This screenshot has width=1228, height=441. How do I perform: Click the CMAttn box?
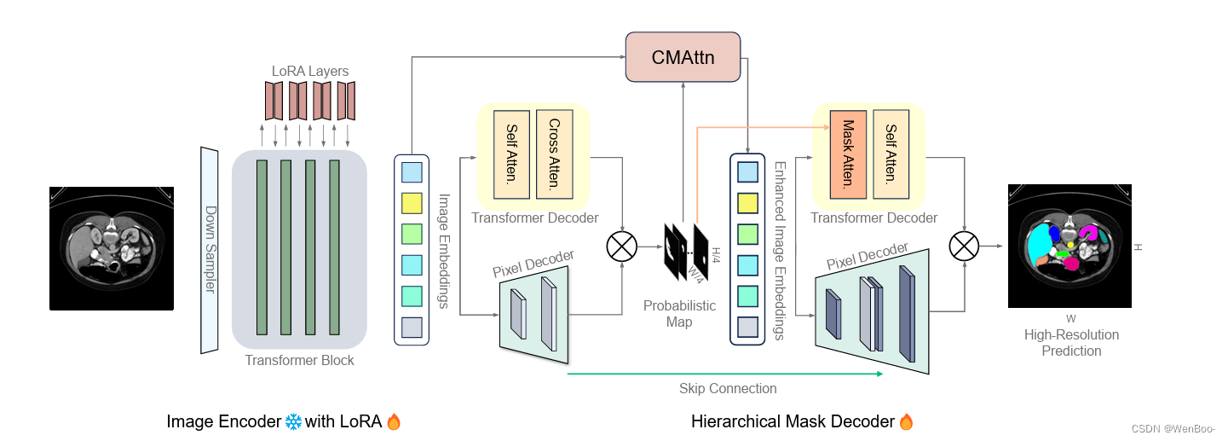(682, 57)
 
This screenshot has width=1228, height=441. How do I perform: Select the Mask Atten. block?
(847, 154)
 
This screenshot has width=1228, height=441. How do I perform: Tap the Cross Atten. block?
(554, 154)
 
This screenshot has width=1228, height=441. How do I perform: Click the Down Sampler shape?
(210, 250)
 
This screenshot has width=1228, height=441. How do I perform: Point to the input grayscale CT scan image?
(112, 248)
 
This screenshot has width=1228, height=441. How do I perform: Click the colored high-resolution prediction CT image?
(1069, 246)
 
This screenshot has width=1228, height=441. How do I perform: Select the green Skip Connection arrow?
(724, 374)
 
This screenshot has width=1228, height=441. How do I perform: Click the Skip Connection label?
(728, 389)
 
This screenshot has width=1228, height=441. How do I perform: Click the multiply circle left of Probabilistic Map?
(621, 247)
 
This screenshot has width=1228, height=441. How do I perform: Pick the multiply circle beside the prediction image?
(965, 247)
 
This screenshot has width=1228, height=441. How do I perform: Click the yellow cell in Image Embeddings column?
(411, 202)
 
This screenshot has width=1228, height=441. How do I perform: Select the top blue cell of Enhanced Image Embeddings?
(747, 172)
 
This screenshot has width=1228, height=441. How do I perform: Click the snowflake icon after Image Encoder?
(293, 421)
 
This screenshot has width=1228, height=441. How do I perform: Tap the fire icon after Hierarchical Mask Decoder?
(906, 421)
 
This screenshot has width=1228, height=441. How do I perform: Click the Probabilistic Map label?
(679, 314)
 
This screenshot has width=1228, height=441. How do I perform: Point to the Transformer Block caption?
(299, 360)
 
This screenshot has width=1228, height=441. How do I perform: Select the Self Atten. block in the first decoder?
(511, 154)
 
